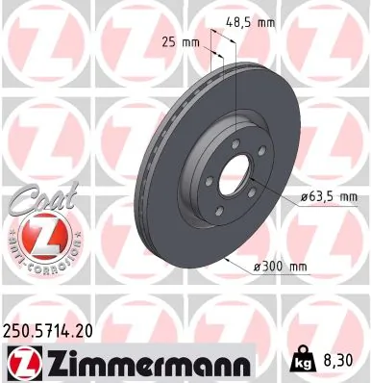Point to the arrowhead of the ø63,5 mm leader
coord(252,179)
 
